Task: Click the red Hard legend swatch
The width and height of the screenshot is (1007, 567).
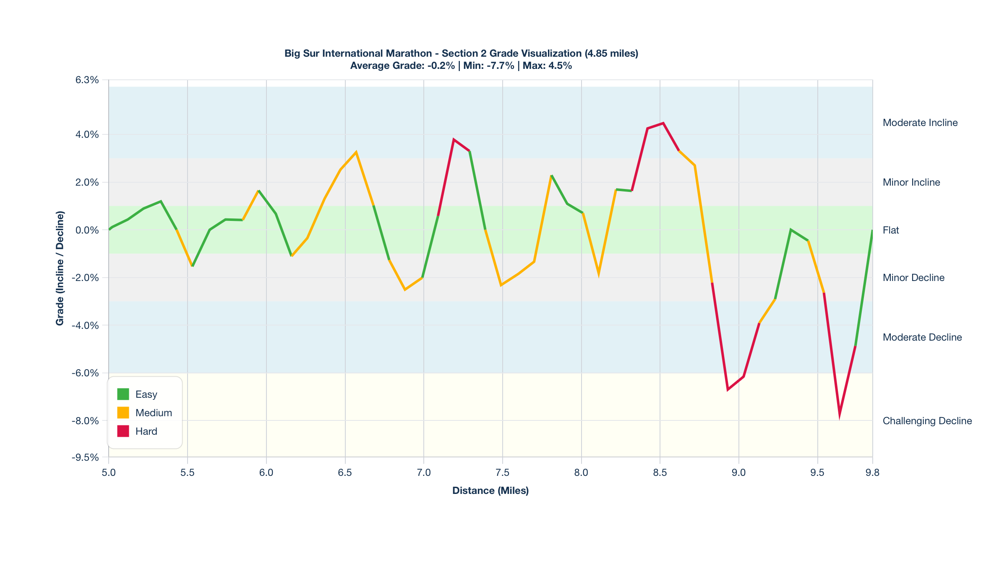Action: click(123, 431)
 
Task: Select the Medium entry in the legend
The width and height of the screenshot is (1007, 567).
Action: click(154, 413)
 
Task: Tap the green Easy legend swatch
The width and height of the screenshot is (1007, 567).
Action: click(123, 394)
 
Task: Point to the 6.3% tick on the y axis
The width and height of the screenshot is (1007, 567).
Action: click(87, 80)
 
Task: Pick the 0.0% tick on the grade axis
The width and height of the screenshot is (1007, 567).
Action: click(87, 230)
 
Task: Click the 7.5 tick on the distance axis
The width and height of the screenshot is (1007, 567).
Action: click(502, 472)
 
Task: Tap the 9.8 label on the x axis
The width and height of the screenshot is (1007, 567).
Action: click(872, 472)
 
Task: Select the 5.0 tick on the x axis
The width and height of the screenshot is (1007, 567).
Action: click(109, 472)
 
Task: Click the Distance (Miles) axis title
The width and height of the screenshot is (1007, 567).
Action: click(490, 491)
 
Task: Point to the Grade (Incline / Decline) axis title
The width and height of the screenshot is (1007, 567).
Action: click(60, 268)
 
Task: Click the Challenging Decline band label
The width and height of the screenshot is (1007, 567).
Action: click(927, 421)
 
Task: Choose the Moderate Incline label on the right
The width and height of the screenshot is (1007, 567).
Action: click(920, 123)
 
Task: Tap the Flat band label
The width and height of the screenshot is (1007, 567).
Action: click(891, 230)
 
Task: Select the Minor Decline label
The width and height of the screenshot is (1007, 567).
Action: click(913, 278)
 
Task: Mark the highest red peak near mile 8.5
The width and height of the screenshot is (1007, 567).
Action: click(663, 123)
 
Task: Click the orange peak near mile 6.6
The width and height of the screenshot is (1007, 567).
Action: click(356, 152)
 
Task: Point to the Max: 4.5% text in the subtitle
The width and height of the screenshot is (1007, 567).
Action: click(547, 66)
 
